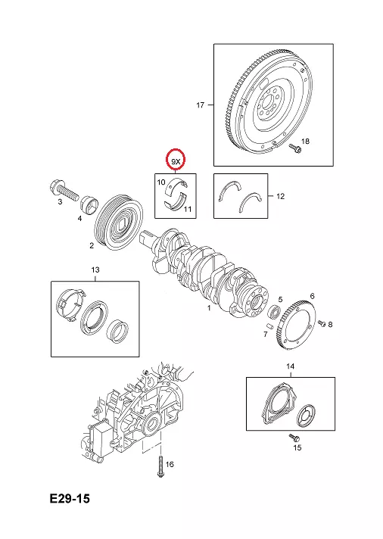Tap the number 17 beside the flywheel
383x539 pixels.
tap(201, 104)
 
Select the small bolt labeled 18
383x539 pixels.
tap(295, 148)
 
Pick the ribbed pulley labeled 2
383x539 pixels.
tap(118, 226)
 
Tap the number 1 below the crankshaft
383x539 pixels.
tap(209, 308)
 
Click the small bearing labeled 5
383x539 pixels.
tap(274, 311)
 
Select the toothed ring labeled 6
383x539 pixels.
tap(297, 325)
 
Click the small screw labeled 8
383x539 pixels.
tap(322, 323)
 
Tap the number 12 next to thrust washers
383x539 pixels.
tap(281, 196)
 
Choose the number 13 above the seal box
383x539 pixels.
tap(95, 269)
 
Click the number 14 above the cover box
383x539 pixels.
tap(291, 366)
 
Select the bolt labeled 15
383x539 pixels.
tap(294, 438)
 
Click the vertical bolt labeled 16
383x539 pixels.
tap(160, 466)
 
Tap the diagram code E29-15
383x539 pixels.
tap(70, 498)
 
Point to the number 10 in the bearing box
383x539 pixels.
tap(161, 182)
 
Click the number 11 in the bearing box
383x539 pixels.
tap(188, 209)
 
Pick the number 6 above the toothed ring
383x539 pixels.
tap(312, 296)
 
